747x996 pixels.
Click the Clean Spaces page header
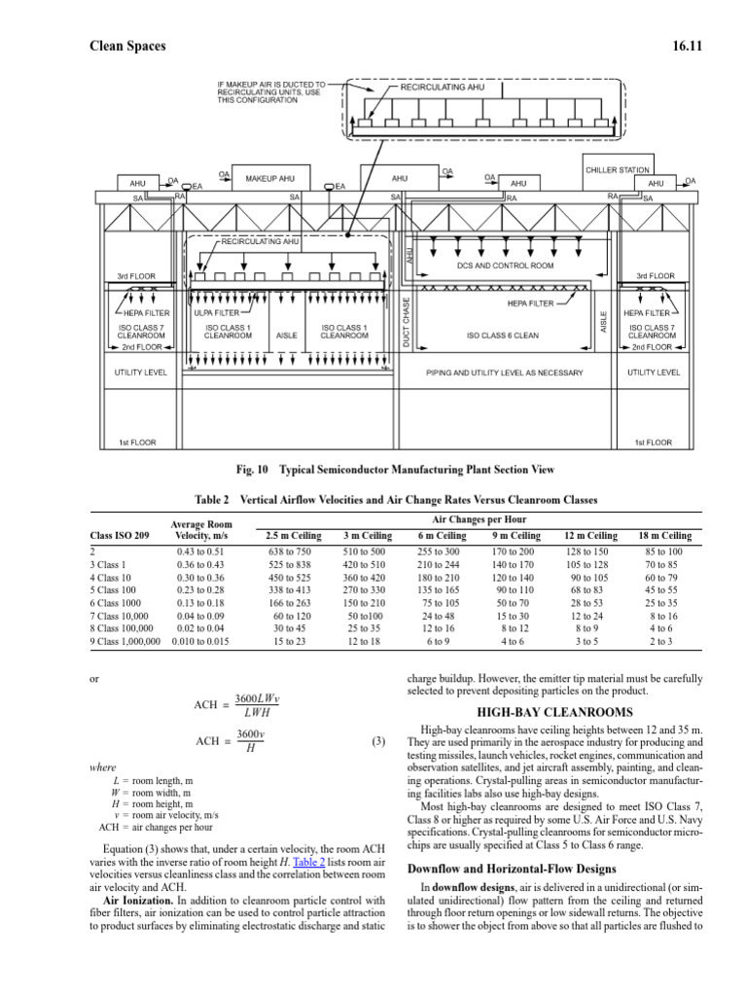(x=127, y=45)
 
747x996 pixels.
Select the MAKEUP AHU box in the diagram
(x=269, y=179)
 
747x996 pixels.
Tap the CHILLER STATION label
(x=617, y=169)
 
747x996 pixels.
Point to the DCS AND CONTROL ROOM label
(x=505, y=265)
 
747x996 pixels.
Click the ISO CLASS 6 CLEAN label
(x=502, y=336)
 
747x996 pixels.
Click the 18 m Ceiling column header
(x=664, y=536)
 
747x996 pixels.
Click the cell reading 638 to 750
(x=292, y=551)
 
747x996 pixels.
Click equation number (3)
(x=379, y=741)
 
